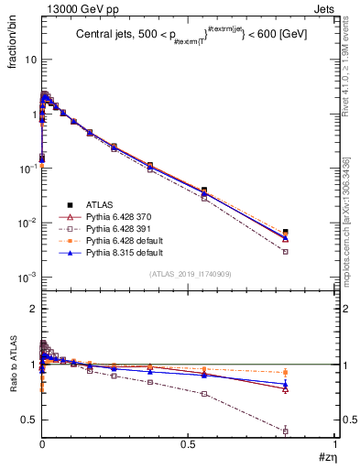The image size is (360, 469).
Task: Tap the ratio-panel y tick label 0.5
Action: coord(27,420)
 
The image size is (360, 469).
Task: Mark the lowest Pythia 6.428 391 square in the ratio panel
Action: coord(311,431)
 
